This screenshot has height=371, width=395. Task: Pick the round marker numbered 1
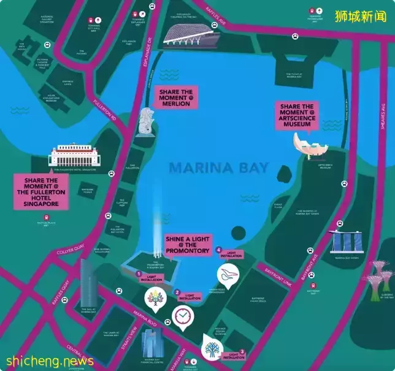click(x=139, y=274)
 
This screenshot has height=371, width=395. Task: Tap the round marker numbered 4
click(x=219, y=250)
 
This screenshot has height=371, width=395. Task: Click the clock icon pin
click(x=182, y=316)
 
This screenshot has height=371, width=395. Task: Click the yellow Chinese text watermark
click(x=362, y=15)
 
